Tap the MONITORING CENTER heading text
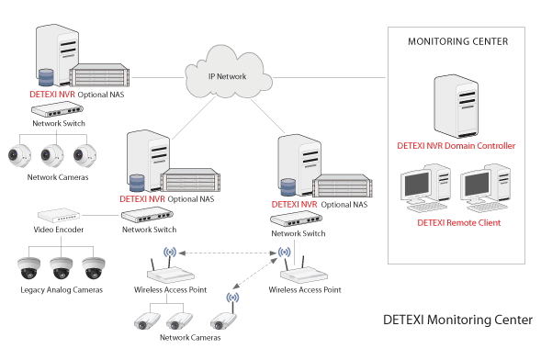457,41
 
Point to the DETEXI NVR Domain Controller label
456,145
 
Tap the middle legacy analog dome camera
62,266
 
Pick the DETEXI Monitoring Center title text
457,320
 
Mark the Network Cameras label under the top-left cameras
59,177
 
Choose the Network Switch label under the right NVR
299,234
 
